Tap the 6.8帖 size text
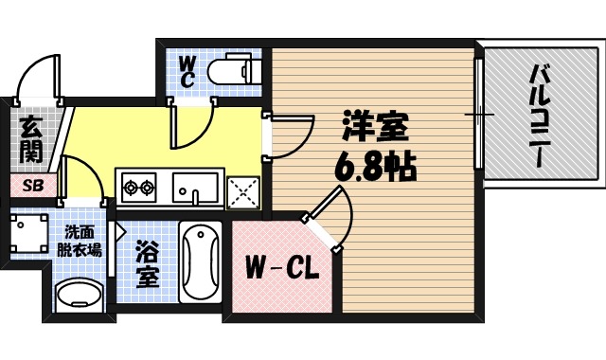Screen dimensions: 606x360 [x=373, y=169]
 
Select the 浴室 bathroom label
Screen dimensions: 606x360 [x=148, y=265]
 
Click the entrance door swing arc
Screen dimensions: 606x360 [x=40, y=74]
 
